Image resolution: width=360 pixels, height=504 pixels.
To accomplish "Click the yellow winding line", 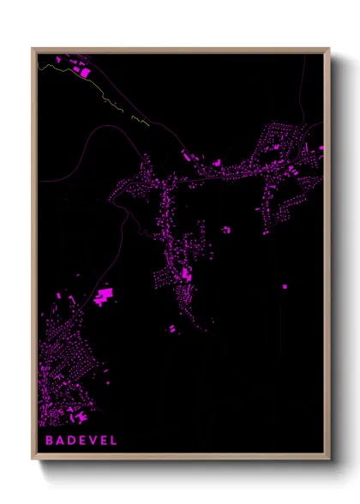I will point(103,94).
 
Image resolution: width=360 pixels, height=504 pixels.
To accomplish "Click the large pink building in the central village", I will point(187,274).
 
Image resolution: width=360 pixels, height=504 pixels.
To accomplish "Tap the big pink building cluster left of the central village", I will point(105,297).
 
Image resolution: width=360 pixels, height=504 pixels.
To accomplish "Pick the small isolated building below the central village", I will point(171,328).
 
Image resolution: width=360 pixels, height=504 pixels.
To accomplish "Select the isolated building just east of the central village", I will point(227,230).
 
